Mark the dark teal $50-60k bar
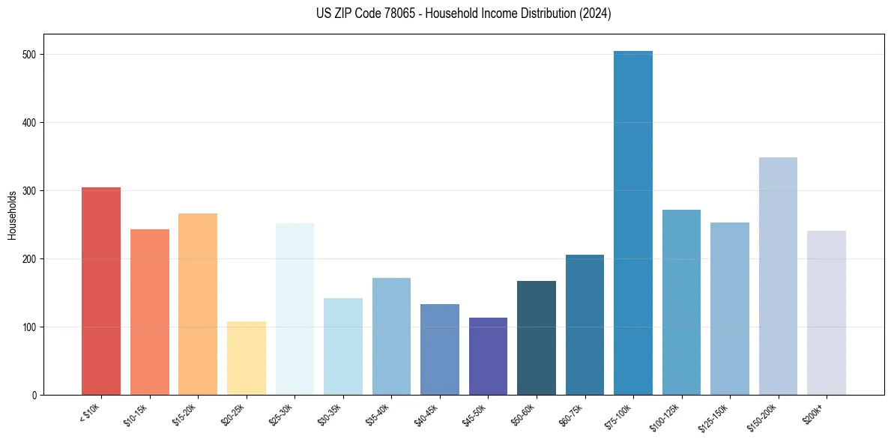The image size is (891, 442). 537,338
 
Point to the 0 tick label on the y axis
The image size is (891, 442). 35,395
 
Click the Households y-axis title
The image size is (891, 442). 13,215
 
